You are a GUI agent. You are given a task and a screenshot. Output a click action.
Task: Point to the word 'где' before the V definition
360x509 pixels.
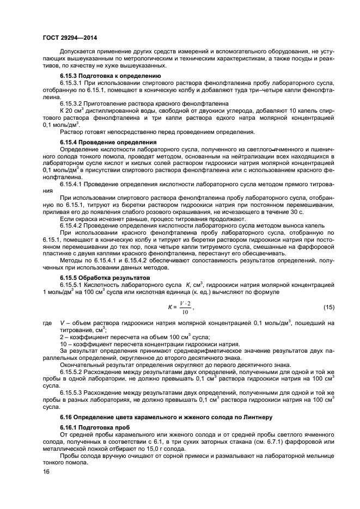(47, 324)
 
